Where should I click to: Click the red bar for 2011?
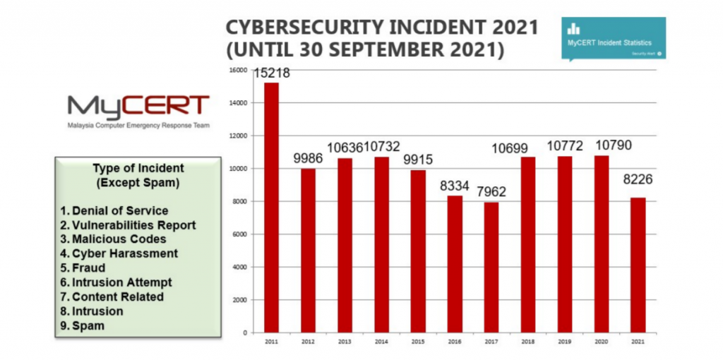(x=271, y=208)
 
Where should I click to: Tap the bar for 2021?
(x=637, y=265)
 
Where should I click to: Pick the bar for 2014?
(x=381, y=244)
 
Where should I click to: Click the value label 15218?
(x=270, y=74)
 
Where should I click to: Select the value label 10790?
(x=600, y=146)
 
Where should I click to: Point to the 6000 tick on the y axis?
(x=240, y=234)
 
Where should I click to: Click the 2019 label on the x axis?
(x=564, y=341)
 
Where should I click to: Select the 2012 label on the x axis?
(x=307, y=341)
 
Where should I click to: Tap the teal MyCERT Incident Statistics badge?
(x=613, y=38)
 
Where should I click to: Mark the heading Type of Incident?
(x=138, y=168)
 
